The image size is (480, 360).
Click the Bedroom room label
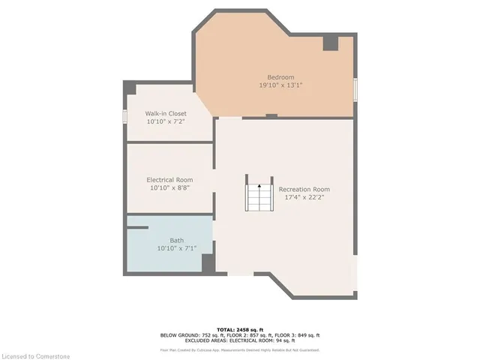[x=281, y=77]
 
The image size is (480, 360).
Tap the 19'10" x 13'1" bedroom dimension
[x=281, y=85]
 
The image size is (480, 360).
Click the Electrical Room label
[x=169, y=180]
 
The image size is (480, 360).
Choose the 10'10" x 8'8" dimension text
[x=169, y=188]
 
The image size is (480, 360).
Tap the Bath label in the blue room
[x=176, y=240]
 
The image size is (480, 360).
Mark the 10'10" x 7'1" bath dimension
[x=176, y=248]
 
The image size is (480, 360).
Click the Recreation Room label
[x=304, y=189]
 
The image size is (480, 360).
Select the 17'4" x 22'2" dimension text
[x=304, y=198]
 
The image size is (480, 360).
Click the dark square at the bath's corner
[x=208, y=263]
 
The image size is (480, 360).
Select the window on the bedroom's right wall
[x=355, y=87]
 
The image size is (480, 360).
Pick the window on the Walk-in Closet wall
[x=125, y=118]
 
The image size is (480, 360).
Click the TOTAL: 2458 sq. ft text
[x=240, y=329]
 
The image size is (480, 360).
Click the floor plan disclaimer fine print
[x=240, y=349]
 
